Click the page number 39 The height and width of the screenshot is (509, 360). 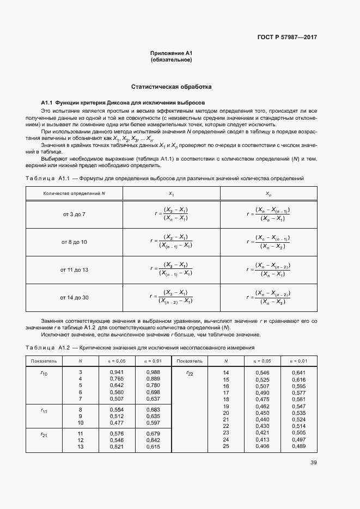313,463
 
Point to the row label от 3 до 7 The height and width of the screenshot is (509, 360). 74,214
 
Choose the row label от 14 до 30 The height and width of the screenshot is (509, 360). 74,297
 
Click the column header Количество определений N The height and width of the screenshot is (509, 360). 74,194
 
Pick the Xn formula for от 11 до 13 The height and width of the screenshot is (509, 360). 269,269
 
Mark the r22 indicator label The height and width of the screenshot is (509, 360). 190,373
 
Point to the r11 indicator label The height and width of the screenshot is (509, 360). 44,411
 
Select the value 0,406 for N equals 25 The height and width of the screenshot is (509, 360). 263,446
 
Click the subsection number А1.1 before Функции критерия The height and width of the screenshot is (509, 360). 48,102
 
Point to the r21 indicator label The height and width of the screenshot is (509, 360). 44,434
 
